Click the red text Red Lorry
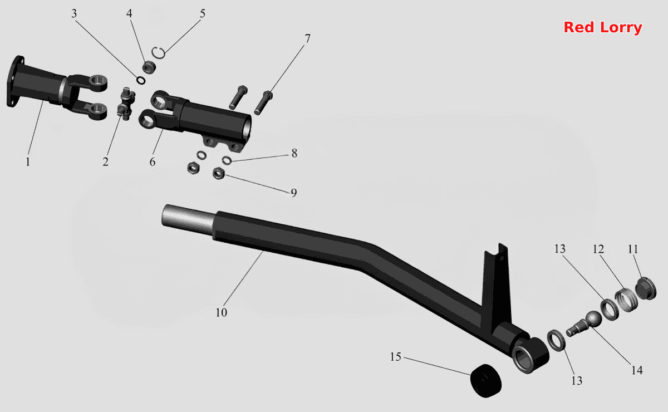point(603,27)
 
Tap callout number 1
point(28,162)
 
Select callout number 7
point(307,38)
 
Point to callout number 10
point(222,312)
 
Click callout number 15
point(395,357)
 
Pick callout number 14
point(637,370)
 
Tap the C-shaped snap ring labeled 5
point(159,53)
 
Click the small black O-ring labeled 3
point(141,80)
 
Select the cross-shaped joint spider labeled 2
point(126,104)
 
